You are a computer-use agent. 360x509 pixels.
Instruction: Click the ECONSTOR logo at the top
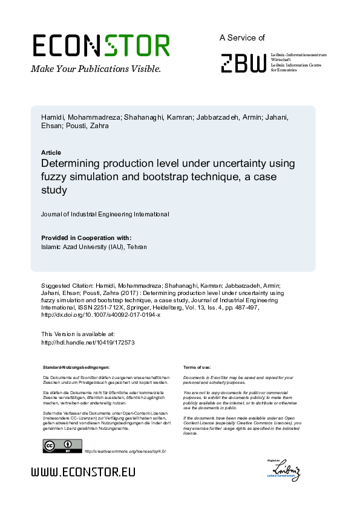[x=100, y=46]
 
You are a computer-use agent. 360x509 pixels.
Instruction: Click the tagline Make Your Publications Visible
[x=96, y=69]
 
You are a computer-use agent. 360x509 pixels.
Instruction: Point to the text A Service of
[x=242, y=37]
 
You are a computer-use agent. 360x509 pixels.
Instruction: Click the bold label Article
[x=51, y=152]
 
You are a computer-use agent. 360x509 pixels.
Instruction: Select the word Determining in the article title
[x=71, y=164]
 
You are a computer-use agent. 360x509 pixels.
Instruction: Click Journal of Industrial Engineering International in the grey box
[x=105, y=215]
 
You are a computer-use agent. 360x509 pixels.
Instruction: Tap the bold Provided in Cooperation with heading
[x=86, y=238]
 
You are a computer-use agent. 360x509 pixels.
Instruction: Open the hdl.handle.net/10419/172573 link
[x=87, y=342]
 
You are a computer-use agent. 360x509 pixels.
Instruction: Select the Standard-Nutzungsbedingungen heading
[x=76, y=368]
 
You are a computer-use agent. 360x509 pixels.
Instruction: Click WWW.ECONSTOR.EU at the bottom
[x=83, y=472]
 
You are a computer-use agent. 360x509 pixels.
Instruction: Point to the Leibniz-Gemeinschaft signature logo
[x=286, y=470]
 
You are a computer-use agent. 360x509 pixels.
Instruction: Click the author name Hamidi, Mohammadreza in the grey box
[x=80, y=117]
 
